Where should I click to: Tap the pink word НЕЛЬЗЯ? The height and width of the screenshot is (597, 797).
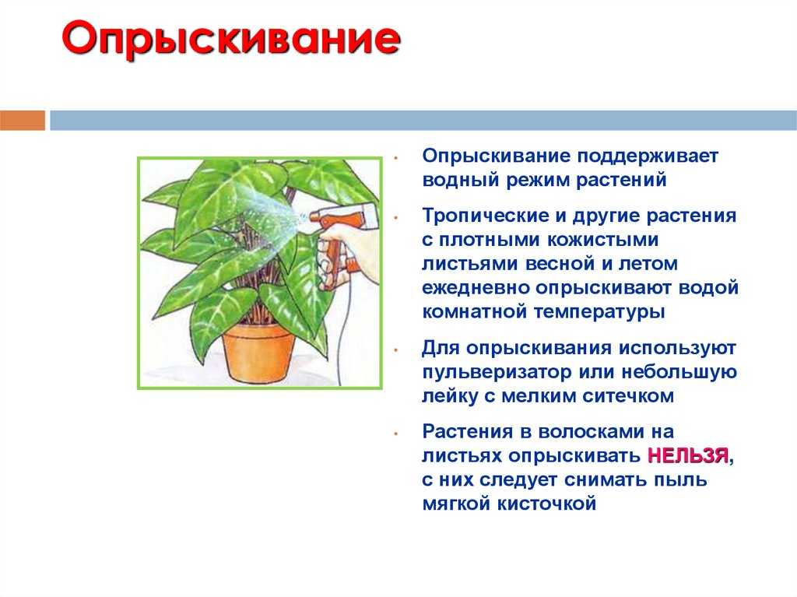688,455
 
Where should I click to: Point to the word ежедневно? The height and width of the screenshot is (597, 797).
476,288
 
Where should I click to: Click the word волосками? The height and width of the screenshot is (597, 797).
589,432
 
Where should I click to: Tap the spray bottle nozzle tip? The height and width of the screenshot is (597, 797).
311,217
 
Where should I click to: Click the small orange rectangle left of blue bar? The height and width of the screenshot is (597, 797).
23,121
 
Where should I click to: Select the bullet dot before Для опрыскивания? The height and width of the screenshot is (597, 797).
396,349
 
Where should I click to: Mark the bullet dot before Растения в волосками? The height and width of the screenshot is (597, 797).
396,434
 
